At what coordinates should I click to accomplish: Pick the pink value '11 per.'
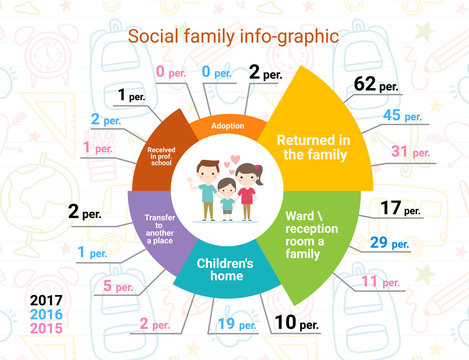(x=382, y=282)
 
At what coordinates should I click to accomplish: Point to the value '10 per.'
(x=293, y=322)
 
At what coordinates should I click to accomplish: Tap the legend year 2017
(x=46, y=301)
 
